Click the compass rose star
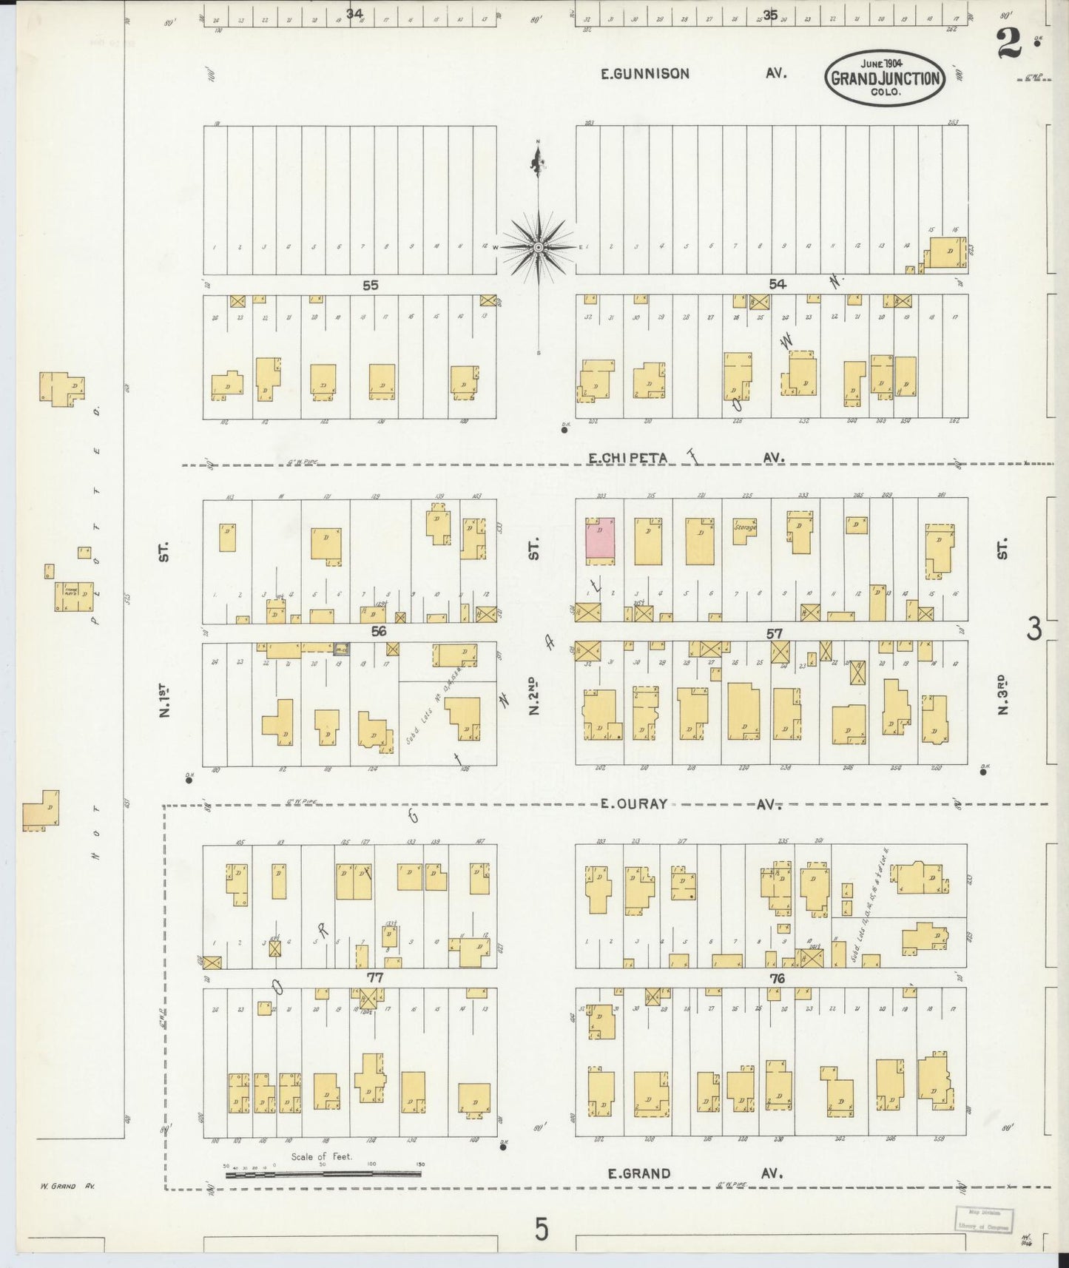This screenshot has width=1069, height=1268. point(539,246)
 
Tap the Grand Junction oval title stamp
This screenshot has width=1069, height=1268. point(885,78)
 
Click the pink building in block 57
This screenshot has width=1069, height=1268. point(600,539)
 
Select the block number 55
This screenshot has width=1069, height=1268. point(370,285)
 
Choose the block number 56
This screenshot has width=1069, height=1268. point(378,631)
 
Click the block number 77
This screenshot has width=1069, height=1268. point(374,977)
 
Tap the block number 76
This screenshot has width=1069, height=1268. point(776,978)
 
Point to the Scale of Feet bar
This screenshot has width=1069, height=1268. point(323,1173)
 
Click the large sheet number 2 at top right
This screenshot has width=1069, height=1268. point(1008,43)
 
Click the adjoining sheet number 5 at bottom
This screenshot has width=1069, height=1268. point(542,1230)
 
